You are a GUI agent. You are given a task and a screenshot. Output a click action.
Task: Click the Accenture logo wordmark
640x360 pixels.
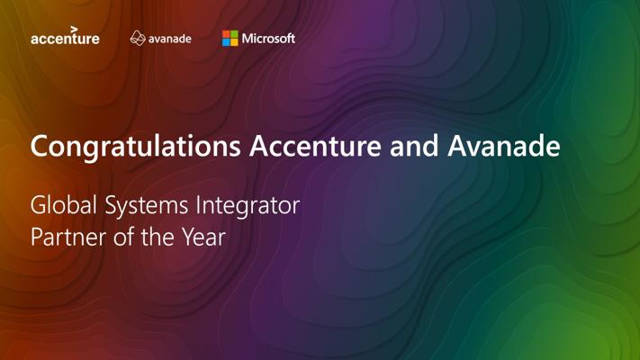(x=65, y=39)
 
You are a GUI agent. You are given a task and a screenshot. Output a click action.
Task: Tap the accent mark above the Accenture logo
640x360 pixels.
(x=74, y=30)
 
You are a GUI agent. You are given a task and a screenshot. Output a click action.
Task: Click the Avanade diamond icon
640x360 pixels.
(x=138, y=38)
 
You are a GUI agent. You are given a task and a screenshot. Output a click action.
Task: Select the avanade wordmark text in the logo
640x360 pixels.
(x=170, y=40)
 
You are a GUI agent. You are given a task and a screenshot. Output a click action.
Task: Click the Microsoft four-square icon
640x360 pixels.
(x=230, y=39)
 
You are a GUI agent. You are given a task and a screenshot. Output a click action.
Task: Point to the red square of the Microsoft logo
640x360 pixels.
(x=226, y=34)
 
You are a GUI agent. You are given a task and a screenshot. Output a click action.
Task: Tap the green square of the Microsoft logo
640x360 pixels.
(x=234, y=34)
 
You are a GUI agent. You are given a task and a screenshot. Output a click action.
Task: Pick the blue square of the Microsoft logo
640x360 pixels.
(x=226, y=42)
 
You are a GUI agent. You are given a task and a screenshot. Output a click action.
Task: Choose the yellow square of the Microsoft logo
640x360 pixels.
(x=234, y=42)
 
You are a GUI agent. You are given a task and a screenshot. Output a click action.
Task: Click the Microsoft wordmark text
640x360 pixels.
(x=268, y=39)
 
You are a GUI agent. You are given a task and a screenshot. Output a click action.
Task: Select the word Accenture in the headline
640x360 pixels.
(x=316, y=146)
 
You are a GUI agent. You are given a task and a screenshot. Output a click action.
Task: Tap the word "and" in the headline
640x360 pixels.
(x=414, y=146)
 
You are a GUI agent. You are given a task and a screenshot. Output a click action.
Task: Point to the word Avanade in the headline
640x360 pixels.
(x=504, y=146)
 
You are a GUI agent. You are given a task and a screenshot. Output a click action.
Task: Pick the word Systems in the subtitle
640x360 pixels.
(x=146, y=206)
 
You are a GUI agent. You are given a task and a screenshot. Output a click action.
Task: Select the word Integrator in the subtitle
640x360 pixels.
(x=248, y=206)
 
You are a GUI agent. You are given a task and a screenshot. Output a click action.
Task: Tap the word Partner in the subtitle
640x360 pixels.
(x=68, y=237)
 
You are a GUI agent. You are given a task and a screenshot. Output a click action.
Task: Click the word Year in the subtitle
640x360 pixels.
(x=203, y=237)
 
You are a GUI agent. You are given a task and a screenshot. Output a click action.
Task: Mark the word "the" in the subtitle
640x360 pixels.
(x=158, y=237)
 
